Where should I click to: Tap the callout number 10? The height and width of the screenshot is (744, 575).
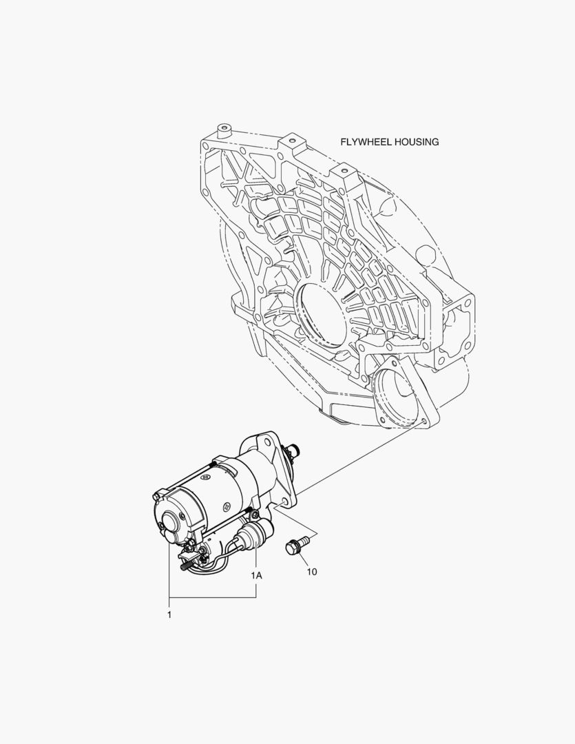tap(312, 572)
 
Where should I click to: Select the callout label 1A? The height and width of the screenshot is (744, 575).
tap(256, 575)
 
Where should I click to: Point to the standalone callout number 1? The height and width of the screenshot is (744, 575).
tap(169, 615)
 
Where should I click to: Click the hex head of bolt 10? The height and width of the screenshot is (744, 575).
tap(291, 548)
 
